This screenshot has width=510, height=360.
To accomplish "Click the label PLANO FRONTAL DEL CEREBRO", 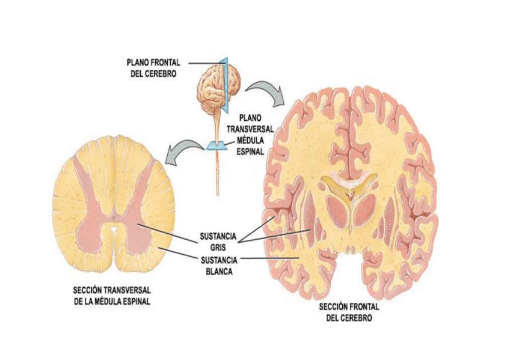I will tap(153, 67).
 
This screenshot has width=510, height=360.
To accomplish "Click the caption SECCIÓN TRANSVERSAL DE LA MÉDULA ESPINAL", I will tap(112, 296).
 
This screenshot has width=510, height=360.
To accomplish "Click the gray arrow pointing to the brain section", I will tap(265, 91).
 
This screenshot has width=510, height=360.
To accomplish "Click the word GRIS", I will tap(218, 246).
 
